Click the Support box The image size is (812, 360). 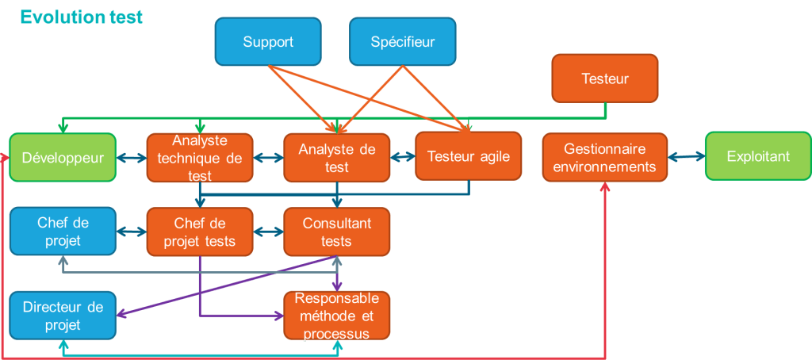point(268,41)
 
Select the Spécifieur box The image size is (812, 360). point(403,41)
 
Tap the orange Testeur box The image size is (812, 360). point(605,79)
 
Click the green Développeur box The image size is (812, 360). point(63,157)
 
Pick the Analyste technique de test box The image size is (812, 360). point(200,157)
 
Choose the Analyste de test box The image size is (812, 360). point(337,157)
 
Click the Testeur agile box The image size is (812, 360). point(468,156)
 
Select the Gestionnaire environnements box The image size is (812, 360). point(605,157)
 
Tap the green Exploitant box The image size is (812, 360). point(758,157)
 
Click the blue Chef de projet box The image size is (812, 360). point(63,232)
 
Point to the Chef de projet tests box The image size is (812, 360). point(200,232)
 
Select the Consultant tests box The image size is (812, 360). point(337,232)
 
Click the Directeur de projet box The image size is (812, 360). point(63,315)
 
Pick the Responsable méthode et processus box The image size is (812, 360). point(337,316)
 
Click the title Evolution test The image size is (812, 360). point(81,17)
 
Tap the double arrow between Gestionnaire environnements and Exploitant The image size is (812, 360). point(686,157)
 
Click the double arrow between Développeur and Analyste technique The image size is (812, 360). point(132,157)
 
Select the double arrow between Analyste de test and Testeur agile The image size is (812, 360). point(403,157)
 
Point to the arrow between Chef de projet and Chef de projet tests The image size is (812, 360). point(132,232)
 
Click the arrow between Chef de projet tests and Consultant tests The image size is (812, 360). point(268,232)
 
